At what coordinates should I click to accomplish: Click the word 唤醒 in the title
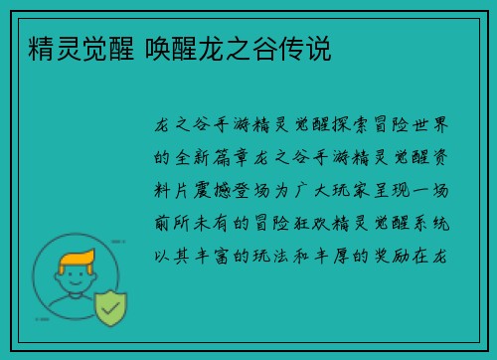click(x=172, y=47)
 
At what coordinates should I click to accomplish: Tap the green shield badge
click(x=111, y=308)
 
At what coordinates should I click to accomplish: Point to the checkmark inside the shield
click(x=111, y=308)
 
